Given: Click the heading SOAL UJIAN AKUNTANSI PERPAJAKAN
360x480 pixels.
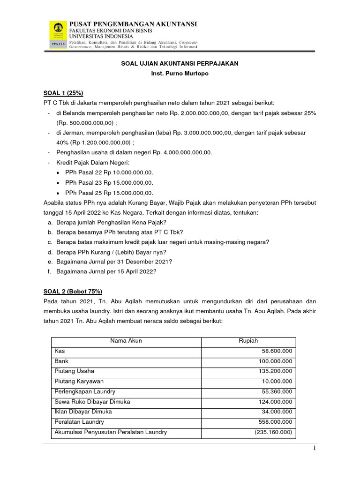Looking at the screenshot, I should click(180, 63).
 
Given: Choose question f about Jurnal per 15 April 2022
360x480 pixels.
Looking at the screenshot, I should click(111, 271).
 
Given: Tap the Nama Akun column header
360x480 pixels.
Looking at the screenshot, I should click(126, 341).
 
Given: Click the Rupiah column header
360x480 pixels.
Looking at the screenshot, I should click(248, 341).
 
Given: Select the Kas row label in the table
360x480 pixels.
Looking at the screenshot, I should click(60, 351).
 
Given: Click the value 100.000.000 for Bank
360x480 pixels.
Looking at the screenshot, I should click(275, 361).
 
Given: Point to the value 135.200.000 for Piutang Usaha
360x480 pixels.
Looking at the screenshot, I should click(275, 371).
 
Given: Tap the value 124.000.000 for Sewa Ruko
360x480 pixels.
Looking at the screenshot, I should click(275, 402).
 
